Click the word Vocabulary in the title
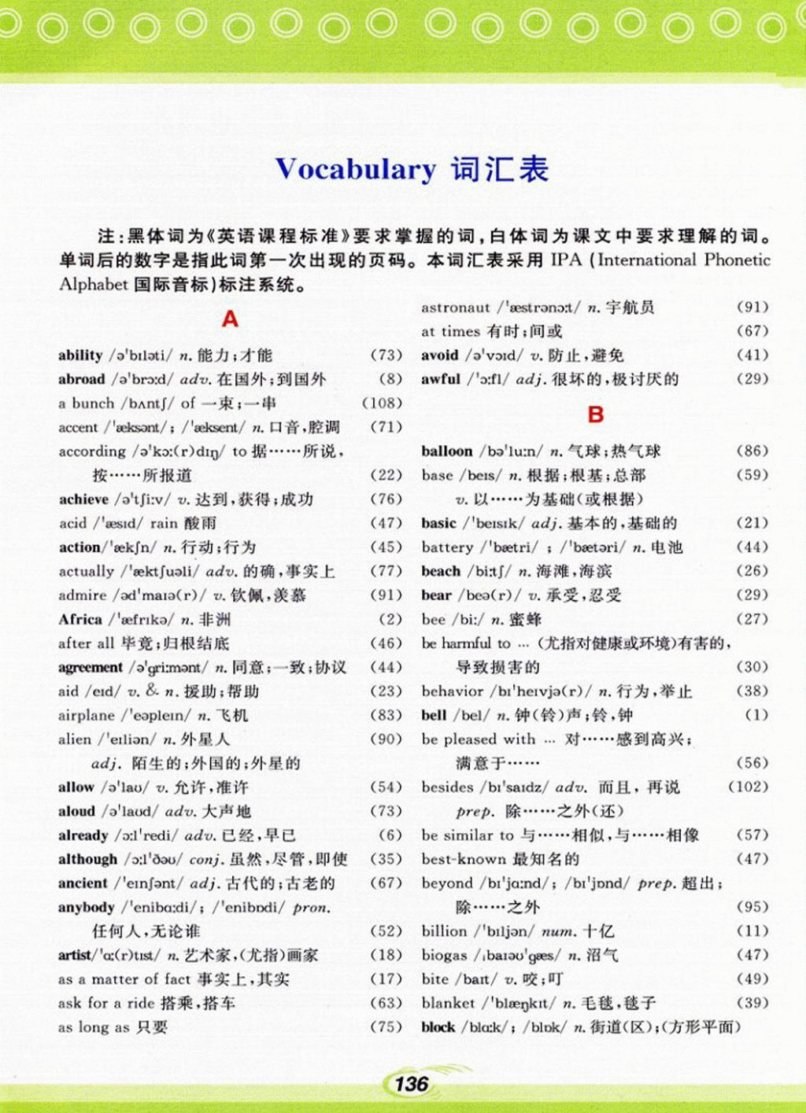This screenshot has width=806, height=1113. pyautogui.click(x=355, y=170)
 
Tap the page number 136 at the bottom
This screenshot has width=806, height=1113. pyautogui.click(x=411, y=1084)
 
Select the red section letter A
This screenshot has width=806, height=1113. pyautogui.click(x=230, y=319)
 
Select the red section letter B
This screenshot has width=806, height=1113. pyautogui.click(x=596, y=415)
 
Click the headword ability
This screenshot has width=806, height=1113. pyautogui.click(x=80, y=356)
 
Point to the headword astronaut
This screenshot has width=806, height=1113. pyautogui.click(x=456, y=308)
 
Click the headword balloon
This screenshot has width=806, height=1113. pyautogui.click(x=447, y=451)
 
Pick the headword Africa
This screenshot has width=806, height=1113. pyautogui.click(x=80, y=620)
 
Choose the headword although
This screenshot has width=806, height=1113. pyautogui.click(x=87, y=860)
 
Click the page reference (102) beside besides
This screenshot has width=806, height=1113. pyautogui.click(x=747, y=787)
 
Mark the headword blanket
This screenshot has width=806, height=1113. pyautogui.click(x=448, y=1004)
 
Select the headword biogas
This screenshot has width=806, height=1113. pyautogui.click(x=445, y=956)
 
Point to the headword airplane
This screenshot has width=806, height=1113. pyautogui.click(x=87, y=716)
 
